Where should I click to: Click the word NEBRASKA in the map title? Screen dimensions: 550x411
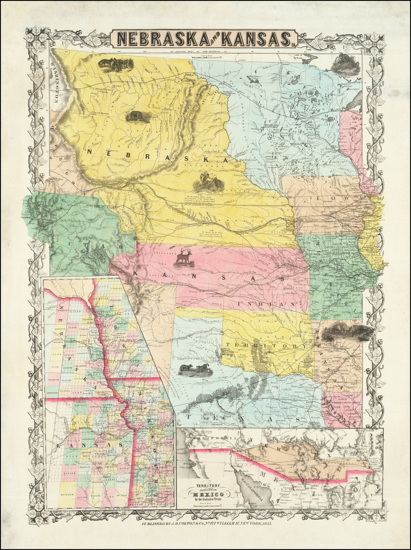[161, 39]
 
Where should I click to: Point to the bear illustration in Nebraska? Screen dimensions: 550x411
[138, 117]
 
